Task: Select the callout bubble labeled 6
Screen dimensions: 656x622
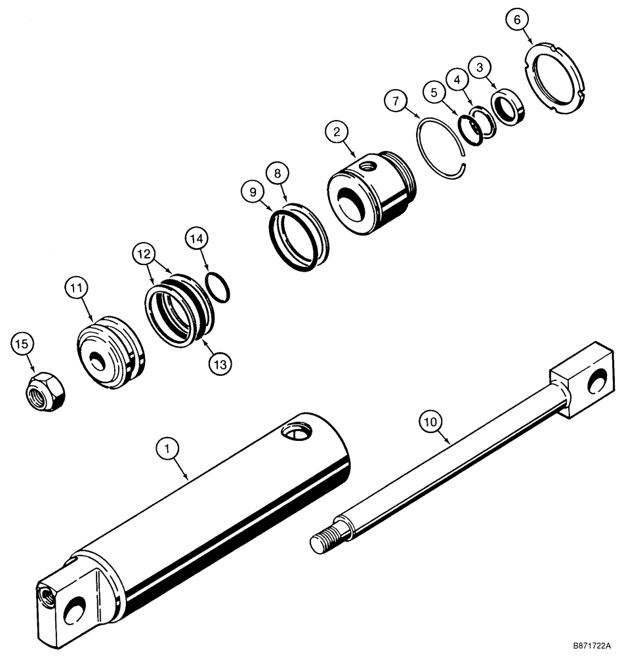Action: point(516,20)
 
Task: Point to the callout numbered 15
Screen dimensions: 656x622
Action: point(22,344)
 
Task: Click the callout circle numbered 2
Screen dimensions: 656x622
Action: point(337,133)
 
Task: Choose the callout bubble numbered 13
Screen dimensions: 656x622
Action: point(220,363)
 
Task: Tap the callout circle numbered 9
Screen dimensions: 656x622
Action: point(250,193)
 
